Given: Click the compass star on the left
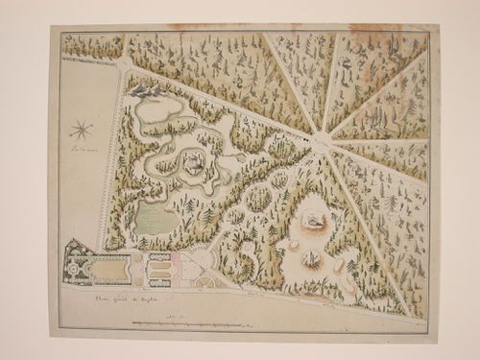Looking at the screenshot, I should [82, 128].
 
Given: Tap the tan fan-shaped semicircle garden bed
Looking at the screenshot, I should [207, 280].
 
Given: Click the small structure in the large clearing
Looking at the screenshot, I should [312, 220].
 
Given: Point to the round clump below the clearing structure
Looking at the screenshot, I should [312, 258].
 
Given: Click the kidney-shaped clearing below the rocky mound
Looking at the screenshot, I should [158, 112].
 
